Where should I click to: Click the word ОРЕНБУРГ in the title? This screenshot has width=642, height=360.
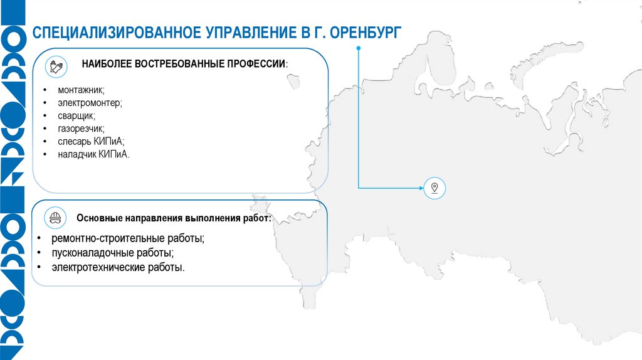[x=364, y=33]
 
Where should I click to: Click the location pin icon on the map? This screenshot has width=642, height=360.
[x=434, y=187]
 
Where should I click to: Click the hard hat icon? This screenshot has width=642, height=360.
[x=55, y=218]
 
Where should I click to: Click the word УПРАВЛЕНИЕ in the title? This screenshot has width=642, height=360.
[x=246, y=33]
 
